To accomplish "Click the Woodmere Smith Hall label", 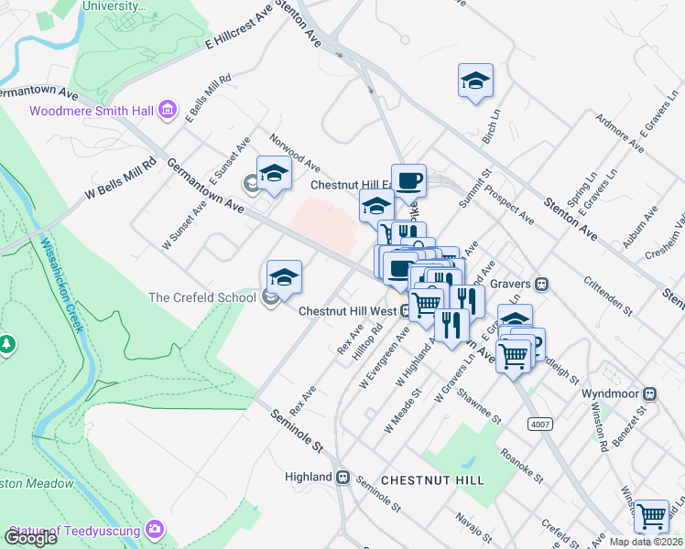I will point(92,112).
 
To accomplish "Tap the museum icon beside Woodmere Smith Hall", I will point(167,112).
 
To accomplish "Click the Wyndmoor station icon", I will point(650,394).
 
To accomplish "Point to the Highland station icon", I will point(343,477).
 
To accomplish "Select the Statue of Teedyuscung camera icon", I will point(156,530).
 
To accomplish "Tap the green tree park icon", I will point(7,344).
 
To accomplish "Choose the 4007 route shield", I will point(540,424).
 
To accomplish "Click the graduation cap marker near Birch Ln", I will point(475,81).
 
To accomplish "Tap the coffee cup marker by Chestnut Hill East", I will point(408,179).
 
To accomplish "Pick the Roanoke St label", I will point(523,466).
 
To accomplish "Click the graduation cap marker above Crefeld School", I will point(284,277).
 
